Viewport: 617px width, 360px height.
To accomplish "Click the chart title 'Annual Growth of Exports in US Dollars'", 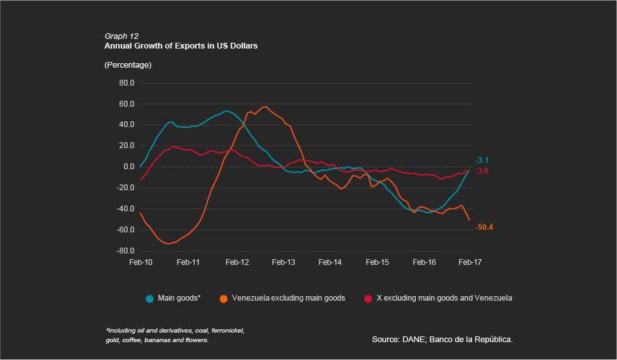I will (x=181, y=47).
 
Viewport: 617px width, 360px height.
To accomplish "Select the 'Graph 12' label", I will (x=121, y=36).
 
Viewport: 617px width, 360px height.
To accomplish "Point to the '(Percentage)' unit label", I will (x=128, y=65).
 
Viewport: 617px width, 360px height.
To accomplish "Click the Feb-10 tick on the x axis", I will (x=141, y=262).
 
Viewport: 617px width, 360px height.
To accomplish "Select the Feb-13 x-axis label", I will (x=283, y=262).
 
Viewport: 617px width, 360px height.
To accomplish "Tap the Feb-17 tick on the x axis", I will (x=470, y=262).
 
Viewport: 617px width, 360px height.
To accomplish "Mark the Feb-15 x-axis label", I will (x=377, y=262).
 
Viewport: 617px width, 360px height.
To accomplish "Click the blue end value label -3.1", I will (x=482, y=160).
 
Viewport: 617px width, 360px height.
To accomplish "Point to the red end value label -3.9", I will (x=482, y=171).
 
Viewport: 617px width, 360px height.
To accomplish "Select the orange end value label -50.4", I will (x=485, y=227).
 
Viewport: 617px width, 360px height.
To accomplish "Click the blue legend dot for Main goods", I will (x=150, y=298).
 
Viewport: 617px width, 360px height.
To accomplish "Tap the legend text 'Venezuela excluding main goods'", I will (x=288, y=298).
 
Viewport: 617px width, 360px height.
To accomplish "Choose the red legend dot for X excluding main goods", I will (x=368, y=298).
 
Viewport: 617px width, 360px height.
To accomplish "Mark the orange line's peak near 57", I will (x=265, y=107).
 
